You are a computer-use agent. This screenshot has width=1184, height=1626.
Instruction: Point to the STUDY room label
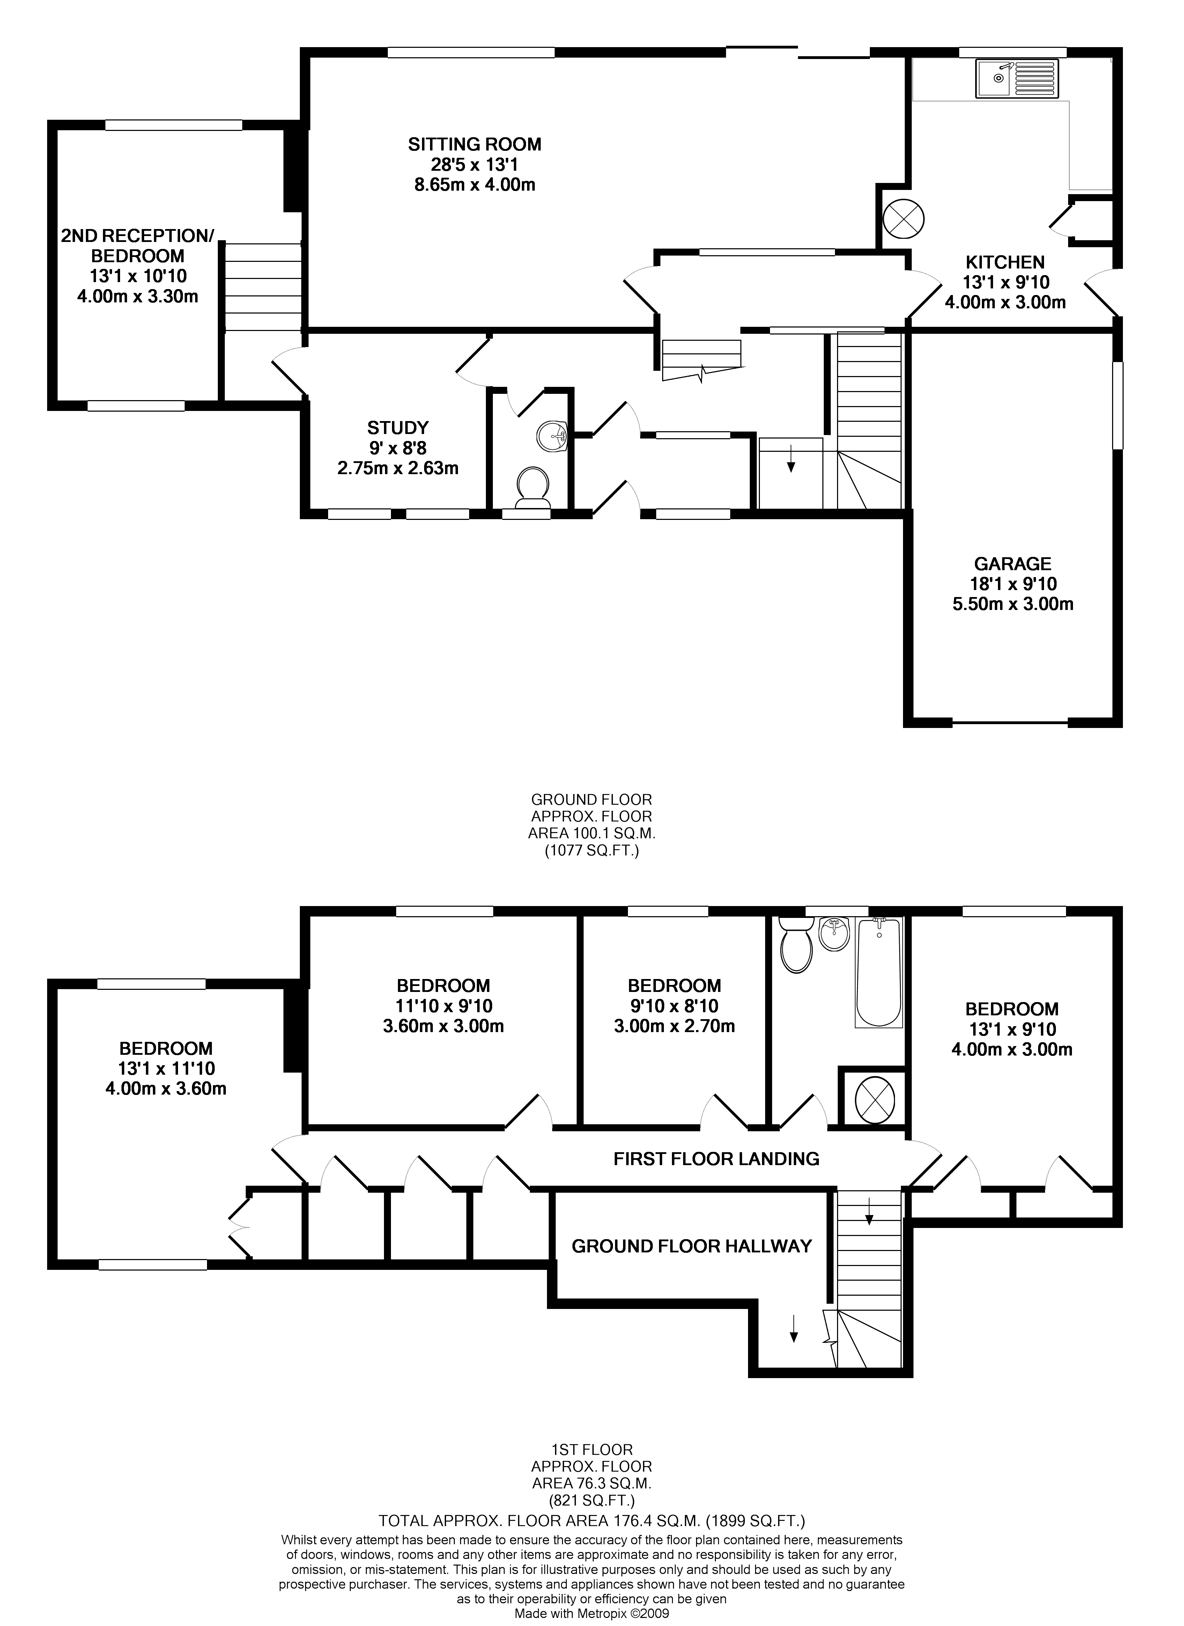point(398,428)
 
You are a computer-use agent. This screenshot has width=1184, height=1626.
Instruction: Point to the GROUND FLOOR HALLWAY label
point(691,1246)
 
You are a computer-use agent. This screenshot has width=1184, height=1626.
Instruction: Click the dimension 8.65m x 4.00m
point(474,185)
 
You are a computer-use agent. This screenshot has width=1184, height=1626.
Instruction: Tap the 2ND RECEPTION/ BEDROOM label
point(138,246)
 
